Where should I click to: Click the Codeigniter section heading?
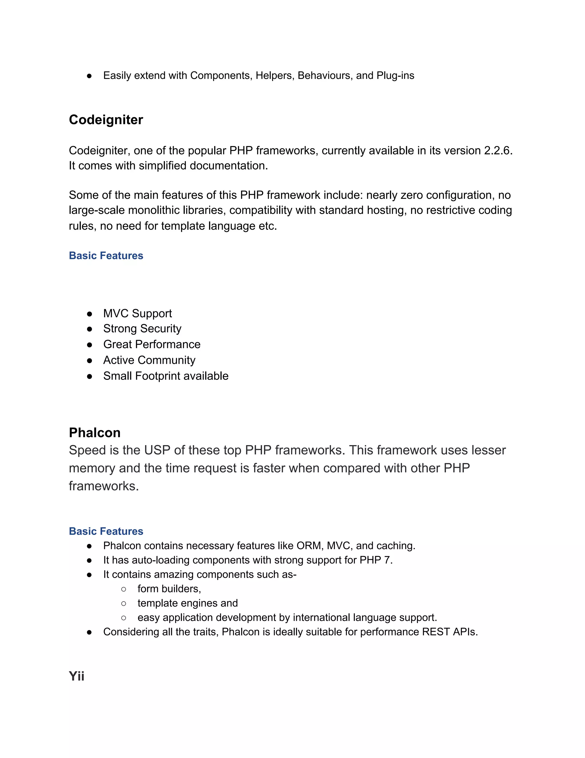tap(106, 120)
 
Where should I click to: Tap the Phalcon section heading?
tap(95, 432)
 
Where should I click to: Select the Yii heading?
tap(77, 676)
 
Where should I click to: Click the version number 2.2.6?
tap(498, 151)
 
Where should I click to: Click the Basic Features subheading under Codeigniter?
tap(106, 255)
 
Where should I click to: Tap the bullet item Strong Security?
tap(142, 328)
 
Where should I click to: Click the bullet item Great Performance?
tap(152, 344)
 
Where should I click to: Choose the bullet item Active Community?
tap(149, 360)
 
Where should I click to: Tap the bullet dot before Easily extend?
tap(89, 76)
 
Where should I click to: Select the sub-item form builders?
tap(169, 589)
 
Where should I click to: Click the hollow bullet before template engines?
tap(124, 604)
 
